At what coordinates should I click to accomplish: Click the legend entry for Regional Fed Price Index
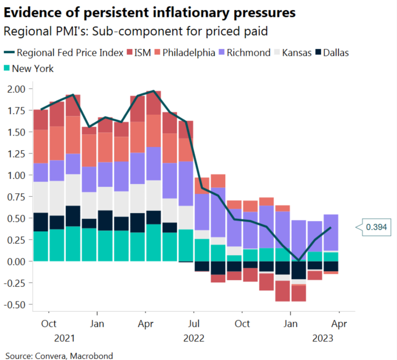[x=65, y=53]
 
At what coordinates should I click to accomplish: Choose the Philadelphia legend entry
[x=189, y=53]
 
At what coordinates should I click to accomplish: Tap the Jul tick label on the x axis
[x=194, y=324]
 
